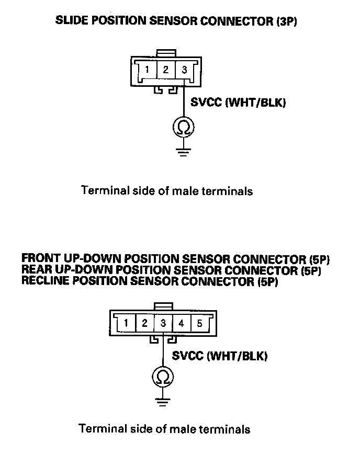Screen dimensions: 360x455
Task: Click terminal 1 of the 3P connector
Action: click(x=148, y=70)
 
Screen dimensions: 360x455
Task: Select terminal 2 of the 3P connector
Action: click(x=166, y=70)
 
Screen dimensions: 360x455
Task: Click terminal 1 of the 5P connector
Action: click(x=126, y=323)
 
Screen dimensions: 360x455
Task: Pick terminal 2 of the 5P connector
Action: click(x=145, y=323)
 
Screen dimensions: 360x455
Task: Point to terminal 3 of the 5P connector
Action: click(x=163, y=323)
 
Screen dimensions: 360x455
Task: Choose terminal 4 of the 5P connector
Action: click(x=182, y=323)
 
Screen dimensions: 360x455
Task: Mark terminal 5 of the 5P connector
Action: click(x=200, y=323)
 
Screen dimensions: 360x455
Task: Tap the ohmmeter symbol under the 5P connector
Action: click(x=163, y=377)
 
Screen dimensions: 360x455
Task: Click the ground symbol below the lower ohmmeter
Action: click(x=163, y=402)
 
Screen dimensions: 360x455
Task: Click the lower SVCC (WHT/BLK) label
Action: click(x=220, y=357)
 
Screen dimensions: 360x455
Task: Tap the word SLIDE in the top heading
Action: click(x=71, y=21)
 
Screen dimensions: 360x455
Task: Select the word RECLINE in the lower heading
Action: click(x=46, y=281)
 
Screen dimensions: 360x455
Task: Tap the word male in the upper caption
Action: click(x=187, y=191)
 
